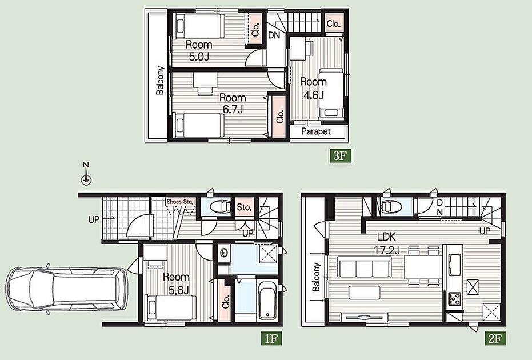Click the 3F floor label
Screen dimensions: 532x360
(340, 155)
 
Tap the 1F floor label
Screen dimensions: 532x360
(271, 338)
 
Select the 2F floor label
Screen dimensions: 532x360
(495, 338)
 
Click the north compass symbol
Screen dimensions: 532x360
(86, 174)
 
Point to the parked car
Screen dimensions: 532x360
(66, 288)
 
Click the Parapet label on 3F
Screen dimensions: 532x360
(316, 131)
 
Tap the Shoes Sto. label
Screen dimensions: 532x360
(181, 202)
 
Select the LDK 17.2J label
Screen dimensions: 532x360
(387, 243)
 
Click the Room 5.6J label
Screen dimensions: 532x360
(176, 283)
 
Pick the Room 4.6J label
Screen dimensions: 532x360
(314, 88)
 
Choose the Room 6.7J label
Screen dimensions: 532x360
(233, 103)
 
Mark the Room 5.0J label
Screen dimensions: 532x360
(199, 50)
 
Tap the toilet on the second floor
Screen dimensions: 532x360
(391, 206)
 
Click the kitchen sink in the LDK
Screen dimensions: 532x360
(455, 265)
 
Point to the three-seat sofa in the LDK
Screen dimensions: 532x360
(364, 266)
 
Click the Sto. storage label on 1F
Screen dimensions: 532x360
(245, 207)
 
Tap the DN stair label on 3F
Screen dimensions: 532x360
(274, 35)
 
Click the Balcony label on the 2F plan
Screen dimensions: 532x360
(316, 277)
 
